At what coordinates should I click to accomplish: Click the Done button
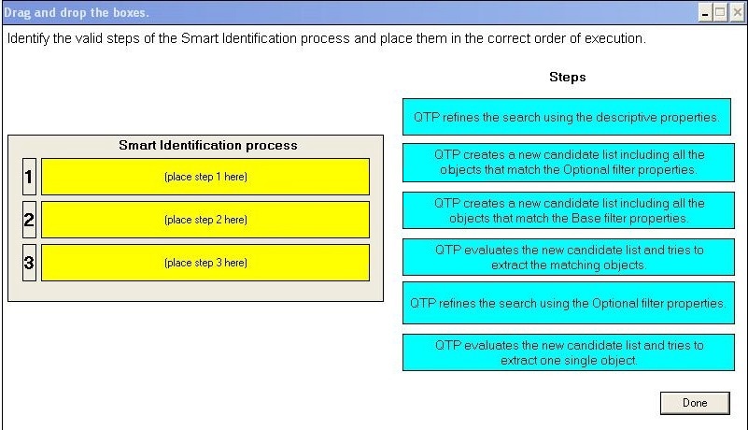(x=695, y=403)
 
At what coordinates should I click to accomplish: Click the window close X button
(x=738, y=13)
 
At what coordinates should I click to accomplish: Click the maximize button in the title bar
(x=720, y=13)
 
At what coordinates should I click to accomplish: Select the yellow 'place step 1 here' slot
(x=205, y=177)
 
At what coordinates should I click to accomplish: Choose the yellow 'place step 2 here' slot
(x=205, y=220)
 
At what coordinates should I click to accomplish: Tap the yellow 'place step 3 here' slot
(x=205, y=263)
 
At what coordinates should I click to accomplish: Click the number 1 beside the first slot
(x=29, y=177)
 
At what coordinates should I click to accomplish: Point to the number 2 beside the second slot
(x=29, y=220)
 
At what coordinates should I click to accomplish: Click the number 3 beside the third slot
(x=29, y=263)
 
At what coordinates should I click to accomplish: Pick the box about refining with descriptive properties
(x=567, y=117)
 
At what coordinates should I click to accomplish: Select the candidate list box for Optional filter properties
(x=569, y=163)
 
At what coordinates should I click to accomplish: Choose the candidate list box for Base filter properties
(x=569, y=210)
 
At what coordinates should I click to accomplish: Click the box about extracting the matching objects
(x=569, y=257)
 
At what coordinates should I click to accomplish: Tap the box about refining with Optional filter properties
(x=569, y=304)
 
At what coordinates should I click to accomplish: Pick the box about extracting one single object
(x=569, y=352)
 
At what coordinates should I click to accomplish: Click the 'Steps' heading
(x=568, y=78)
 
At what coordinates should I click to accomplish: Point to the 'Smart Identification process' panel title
(x=208, y=145)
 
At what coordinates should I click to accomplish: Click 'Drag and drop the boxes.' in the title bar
(x=77, y=13)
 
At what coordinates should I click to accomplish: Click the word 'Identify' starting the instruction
(x=28, y=38)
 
